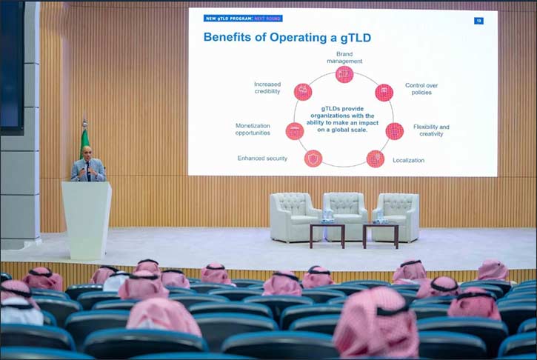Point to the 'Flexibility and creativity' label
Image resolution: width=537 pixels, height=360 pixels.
[x=431, y=130]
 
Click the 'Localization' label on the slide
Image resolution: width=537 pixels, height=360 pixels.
[x=408, y=160]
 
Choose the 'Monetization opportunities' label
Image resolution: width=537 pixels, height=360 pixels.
[x=259, y=130]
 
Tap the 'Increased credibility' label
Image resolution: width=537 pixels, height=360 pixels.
[x=267, y=88]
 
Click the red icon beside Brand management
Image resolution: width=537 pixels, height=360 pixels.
[x=344, y=74]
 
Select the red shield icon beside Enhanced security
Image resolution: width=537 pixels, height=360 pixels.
[x=313, y=158]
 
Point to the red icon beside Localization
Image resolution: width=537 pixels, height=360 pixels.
[x=376, y=159]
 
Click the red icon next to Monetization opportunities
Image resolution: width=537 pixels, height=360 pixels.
[x=295, y=131]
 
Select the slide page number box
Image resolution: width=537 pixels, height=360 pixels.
[x=478, y=20]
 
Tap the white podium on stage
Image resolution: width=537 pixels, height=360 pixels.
[x=86, y=219]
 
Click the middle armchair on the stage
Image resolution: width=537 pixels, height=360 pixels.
[x=344, y=214]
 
